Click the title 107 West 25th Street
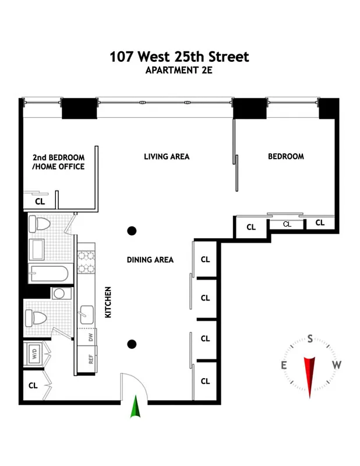point(179,57)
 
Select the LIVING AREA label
point(167,156)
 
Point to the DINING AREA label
point(150,260)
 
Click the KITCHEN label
point(108,302)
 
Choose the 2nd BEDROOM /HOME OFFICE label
point(58,162)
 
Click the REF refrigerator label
point(91,358)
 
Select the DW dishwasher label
point(91,337)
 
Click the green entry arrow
point(136,407)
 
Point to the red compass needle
point(310,375)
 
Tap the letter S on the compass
point(310,338)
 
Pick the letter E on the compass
point(284,365)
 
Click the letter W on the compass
point(337,365)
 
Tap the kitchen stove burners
point(86,262)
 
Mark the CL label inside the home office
point(40,202)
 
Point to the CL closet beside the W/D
point(33,385)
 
